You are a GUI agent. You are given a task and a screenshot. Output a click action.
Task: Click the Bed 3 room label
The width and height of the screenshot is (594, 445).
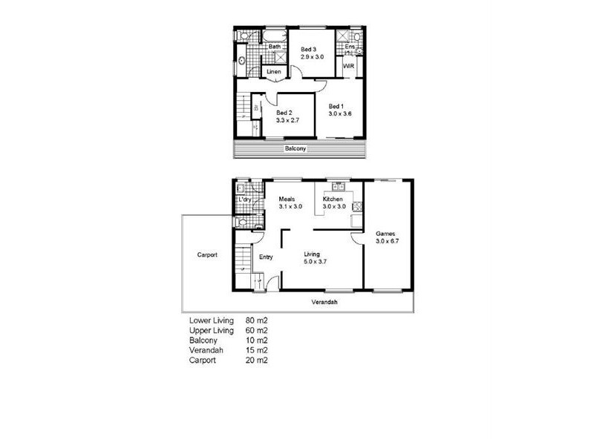[x=308, y=48]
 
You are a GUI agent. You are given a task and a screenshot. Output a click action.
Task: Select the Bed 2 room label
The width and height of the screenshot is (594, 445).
[x=287, y=112]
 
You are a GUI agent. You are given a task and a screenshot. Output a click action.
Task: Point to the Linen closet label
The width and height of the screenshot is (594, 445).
[x=274, y=71]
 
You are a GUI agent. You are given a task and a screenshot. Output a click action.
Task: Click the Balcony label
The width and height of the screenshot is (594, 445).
[x=296, y=148]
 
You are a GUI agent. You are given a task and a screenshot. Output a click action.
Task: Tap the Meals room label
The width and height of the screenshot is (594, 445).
[x=287, y=199]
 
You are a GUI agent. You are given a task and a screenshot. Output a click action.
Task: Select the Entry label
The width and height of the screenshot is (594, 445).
[x=266, y=257]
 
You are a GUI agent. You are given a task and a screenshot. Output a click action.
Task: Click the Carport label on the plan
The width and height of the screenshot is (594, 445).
[x=207, y=254]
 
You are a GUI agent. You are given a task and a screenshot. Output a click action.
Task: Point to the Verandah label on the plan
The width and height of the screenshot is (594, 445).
[x=324, y=303]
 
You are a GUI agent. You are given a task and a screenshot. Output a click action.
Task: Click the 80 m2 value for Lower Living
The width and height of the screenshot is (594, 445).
[x=255, y=320]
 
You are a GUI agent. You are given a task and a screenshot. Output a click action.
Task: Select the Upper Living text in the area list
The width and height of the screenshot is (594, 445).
[x=212, y=330]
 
